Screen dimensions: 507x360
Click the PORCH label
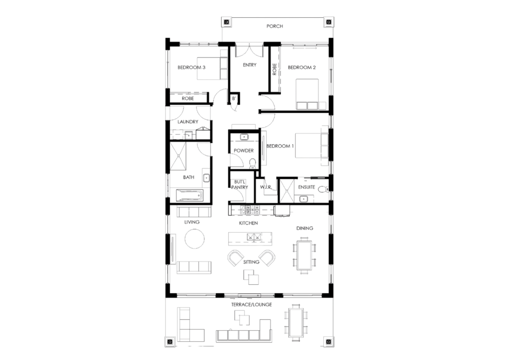274,26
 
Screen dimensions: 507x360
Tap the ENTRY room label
250,65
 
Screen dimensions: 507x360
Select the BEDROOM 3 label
192,68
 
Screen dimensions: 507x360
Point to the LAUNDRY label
188,122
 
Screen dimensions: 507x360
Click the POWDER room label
244,151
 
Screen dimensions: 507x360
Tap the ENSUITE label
306,187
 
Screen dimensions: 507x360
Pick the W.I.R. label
266,187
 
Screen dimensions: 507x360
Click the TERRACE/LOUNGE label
252,305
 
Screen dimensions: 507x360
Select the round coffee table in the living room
195,239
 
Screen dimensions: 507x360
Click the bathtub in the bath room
190,196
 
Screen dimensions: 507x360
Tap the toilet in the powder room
252,163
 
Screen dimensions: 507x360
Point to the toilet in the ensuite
323,189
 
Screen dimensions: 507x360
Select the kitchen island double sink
254,237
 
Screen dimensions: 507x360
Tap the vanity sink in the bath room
206,178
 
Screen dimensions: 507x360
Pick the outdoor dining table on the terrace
296,322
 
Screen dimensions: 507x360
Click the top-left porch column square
226,22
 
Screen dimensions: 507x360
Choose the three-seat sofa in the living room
194,267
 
